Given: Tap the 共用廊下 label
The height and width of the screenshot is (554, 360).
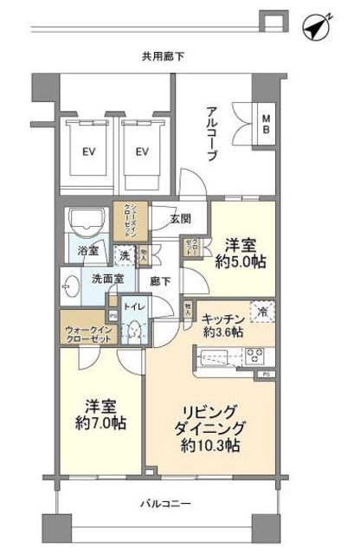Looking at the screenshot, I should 164,56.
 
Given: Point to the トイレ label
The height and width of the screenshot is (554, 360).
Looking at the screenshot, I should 135,305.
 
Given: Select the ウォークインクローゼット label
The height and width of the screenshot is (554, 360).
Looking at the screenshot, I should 88,335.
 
